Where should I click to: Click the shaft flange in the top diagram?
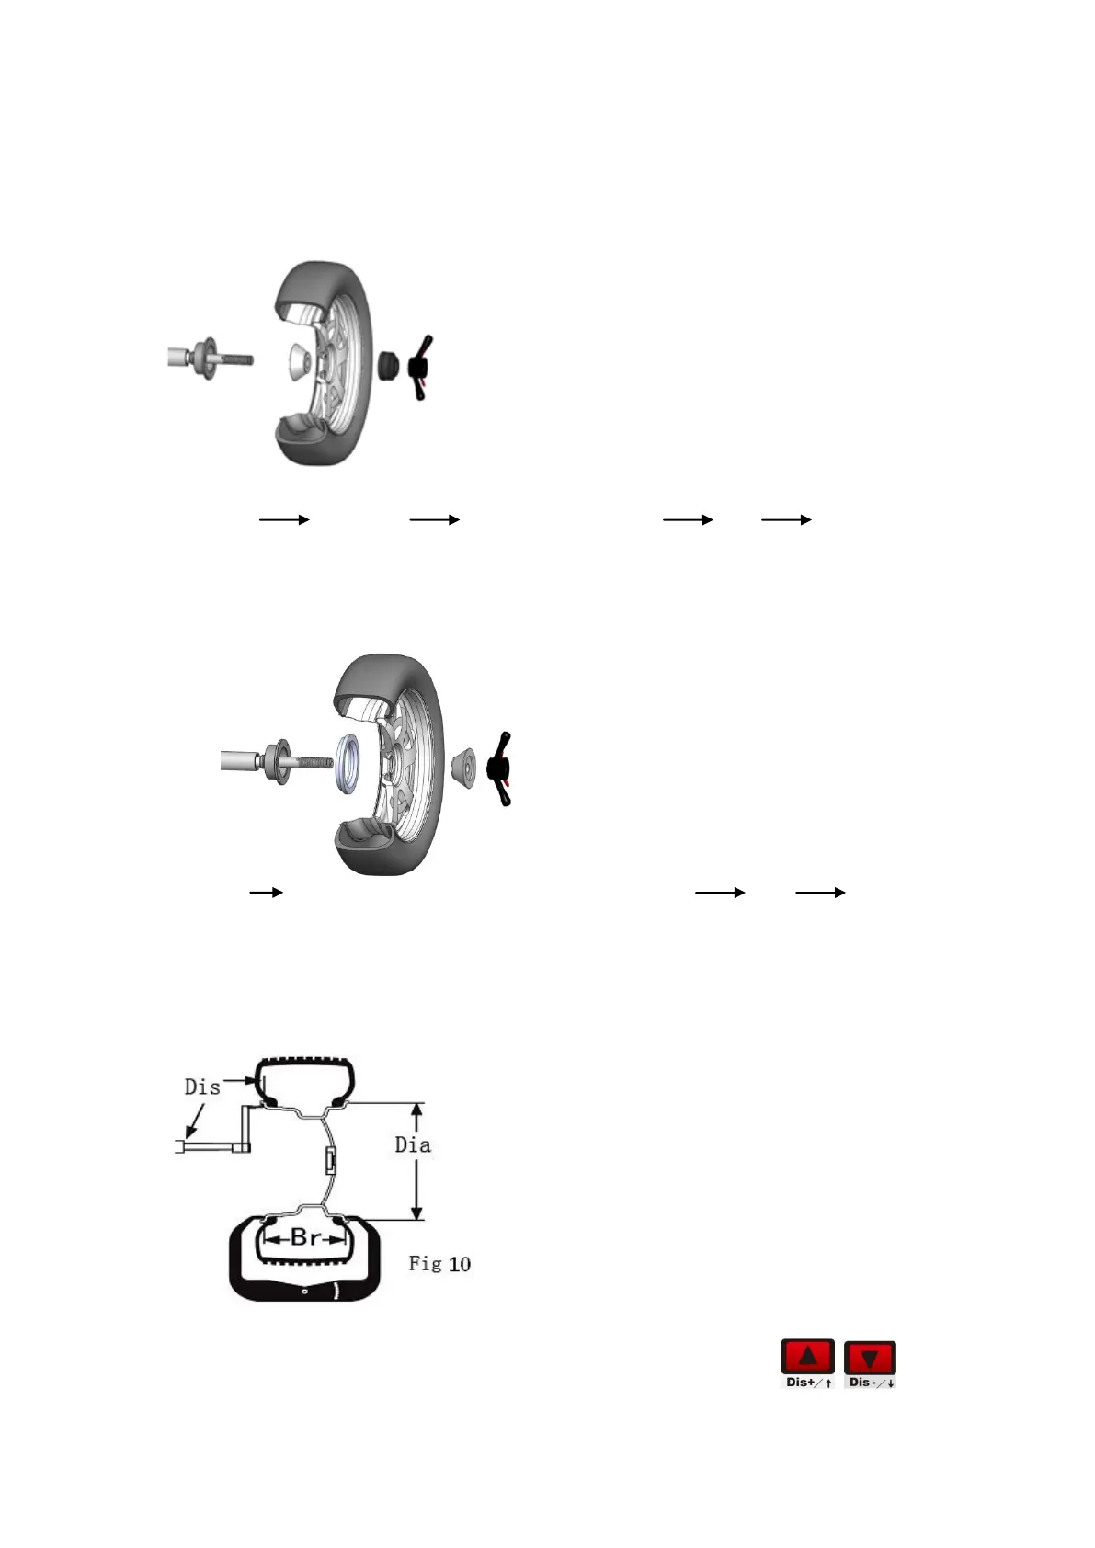tap(205, 359)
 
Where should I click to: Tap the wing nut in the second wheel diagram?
tap(502, 768)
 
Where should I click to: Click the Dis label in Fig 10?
tap(202, 1087)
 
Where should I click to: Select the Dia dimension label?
tap(413, 1145)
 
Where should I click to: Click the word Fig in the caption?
tap(425, 1264)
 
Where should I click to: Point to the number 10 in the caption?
tap(459, 1264)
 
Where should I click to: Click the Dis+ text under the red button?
tap(801, 1383)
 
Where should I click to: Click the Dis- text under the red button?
tap(863, 1383)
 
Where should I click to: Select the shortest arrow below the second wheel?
tap(266, 893)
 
